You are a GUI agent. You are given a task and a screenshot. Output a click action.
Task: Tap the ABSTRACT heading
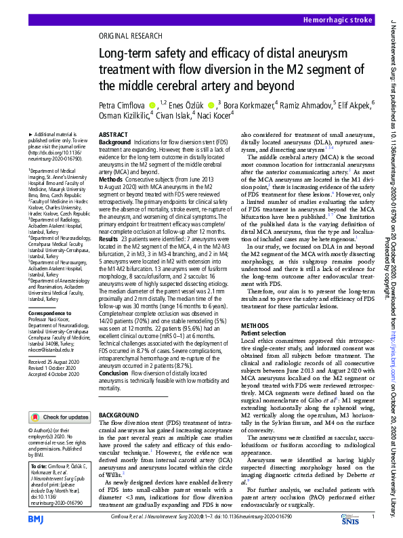click(113, 136)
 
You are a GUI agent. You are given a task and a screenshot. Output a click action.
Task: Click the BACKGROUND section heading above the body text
click(119, 414)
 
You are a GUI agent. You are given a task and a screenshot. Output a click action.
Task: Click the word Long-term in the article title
click(126, 54)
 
